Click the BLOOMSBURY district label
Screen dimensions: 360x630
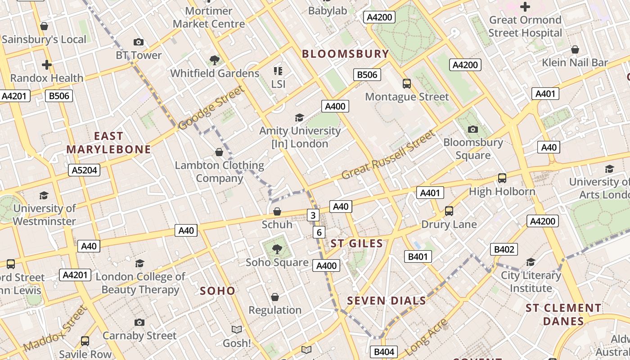click(345, 54)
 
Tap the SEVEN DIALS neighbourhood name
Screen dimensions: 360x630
click(387, 301)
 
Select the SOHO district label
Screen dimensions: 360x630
click(217, 291)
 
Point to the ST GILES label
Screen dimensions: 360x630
click(357, 244)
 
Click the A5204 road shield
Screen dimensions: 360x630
click(84, 170)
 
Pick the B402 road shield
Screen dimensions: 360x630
click(504, 249)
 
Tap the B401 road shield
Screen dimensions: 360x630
click(418, 256)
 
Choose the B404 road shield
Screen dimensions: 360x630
click(384, 352)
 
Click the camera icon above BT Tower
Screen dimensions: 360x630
click(139, 42)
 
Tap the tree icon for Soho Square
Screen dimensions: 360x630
click(277, 249)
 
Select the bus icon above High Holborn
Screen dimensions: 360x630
click(502, 178)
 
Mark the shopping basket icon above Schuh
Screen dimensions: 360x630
click(277, 211)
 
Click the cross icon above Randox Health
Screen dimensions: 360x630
click(47, 65)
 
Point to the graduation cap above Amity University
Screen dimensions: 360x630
click(299, 118)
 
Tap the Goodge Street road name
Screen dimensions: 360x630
click(211, 108)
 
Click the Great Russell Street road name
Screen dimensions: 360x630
click(389, 154)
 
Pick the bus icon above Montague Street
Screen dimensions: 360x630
click(407, 84)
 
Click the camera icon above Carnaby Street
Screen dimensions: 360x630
click(139, 322)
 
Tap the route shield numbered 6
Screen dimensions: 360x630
click(319, 232)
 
